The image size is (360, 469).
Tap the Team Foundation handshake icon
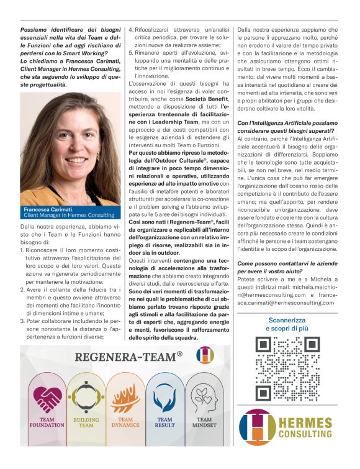[47, 400]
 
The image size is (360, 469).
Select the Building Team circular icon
[86, 399]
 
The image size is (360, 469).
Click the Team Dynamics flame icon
[126, 399]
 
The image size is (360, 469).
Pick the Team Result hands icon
[166, 399]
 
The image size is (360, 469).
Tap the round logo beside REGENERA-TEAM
[204, 355]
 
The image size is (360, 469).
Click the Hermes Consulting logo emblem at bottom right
[256, 426]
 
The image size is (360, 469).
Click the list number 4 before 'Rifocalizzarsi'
[131, 29]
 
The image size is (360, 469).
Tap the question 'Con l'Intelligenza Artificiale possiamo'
[287, 123]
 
